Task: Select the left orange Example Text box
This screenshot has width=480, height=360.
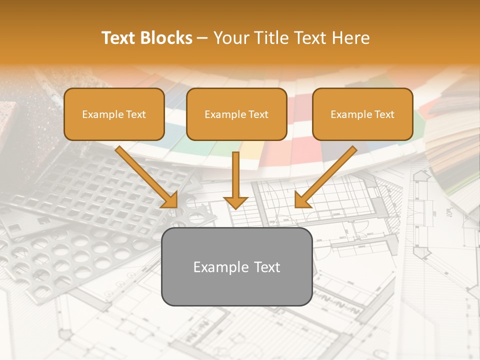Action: coord(114,114)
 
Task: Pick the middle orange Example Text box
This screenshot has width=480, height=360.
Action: coord(236,114)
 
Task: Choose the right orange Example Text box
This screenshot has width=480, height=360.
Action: coord(362,114)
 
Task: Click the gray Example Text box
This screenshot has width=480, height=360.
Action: coord(236,266)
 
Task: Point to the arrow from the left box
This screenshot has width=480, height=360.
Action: coord(145,175)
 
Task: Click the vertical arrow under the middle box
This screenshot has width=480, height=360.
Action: coord(235,175)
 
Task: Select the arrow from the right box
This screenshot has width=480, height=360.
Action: coord(327,175)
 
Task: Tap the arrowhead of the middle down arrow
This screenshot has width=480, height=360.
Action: coord(235,202)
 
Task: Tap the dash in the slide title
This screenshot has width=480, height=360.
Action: coord(203,38)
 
